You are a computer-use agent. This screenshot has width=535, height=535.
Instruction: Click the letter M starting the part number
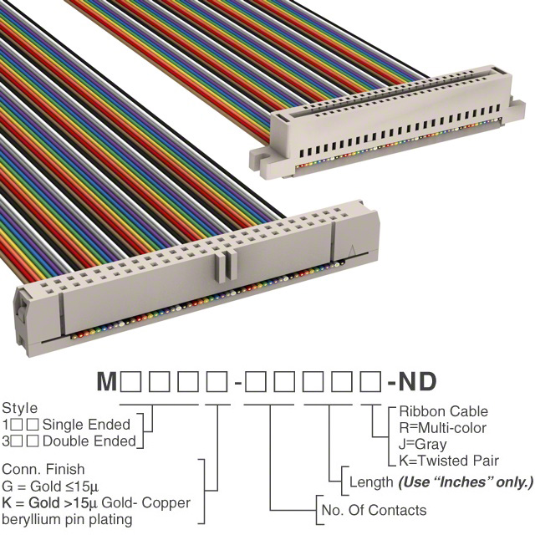107,381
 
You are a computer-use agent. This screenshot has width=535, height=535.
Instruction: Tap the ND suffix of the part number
417,381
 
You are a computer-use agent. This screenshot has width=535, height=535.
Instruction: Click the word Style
20,409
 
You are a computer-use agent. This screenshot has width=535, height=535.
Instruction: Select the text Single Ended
86,425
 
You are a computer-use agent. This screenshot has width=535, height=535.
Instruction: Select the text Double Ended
89,441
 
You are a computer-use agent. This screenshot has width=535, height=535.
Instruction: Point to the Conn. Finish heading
43,470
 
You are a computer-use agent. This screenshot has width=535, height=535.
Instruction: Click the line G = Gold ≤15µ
50,487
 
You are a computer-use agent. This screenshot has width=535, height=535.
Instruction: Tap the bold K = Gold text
31,503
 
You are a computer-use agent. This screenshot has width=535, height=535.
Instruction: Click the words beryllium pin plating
67,520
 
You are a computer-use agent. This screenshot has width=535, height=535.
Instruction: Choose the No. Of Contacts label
374,511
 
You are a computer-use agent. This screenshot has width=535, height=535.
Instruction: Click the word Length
371,482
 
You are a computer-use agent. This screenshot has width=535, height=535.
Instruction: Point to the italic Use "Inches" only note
466,482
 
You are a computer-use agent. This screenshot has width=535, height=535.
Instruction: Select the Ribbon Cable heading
444,411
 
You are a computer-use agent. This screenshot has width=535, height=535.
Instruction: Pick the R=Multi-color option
442,428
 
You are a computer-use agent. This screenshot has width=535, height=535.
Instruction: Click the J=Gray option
422,445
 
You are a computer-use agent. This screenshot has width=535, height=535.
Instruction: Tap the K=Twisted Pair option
449,461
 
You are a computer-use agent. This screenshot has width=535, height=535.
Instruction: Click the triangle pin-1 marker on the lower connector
352,251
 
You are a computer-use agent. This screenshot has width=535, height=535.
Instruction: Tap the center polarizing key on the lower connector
226,267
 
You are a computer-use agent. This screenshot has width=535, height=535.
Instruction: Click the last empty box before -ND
370,381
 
